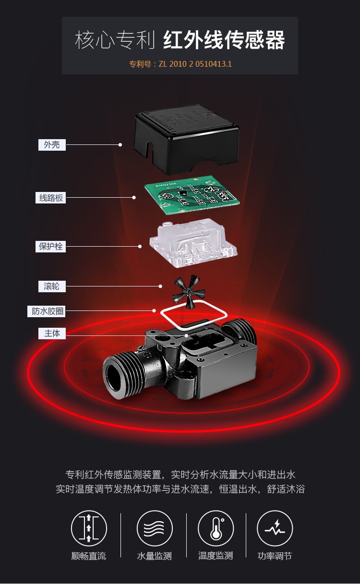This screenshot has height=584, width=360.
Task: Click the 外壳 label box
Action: click(x=52, y=145)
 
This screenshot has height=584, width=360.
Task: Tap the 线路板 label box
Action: click(x=50, y=198)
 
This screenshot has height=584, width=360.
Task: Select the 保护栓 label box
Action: click(x=50, y=246)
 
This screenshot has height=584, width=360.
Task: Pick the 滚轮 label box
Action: click(x=52, y=286)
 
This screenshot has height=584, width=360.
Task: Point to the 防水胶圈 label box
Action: click(x=47, y=311)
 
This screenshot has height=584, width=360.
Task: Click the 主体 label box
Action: click(x=52, y=334)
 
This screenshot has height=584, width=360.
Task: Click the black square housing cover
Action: click(x=187, y=140)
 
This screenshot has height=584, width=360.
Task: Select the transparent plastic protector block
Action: click(x=193, y=243)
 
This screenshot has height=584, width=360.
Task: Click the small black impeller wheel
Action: click(x=188, y=291)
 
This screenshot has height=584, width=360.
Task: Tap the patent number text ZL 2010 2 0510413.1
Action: click(x=195, y=64)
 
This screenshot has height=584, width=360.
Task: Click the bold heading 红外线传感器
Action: click(x=224, y=40)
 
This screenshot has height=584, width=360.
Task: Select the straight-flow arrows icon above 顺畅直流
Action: click(x=89, y=528)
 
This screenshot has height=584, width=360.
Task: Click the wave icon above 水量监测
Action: click(x=155, y=528)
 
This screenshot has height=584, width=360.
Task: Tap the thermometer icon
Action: click(x=216, y=528)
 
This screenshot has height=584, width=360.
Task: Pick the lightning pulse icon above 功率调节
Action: click(x=275, y=528)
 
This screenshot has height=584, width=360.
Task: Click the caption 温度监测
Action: click(x=216, y=556)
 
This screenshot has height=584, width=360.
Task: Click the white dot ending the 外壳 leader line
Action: click(x=120, y=145)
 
